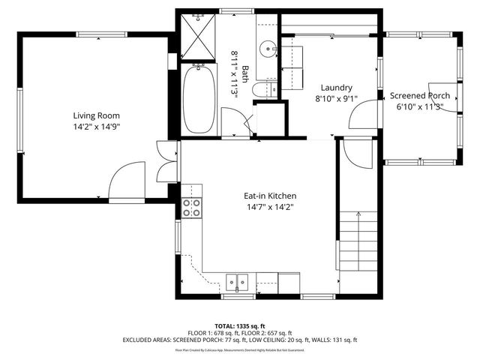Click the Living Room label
96,115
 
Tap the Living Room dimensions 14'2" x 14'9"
96,127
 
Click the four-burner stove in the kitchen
192,207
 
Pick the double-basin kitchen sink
238,283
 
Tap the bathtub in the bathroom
199,98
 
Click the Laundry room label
335,87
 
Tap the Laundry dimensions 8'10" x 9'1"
335,98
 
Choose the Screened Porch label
419,96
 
